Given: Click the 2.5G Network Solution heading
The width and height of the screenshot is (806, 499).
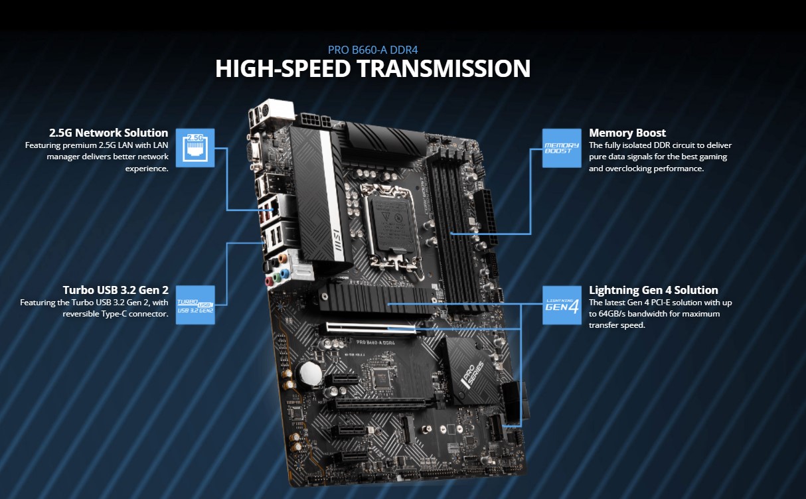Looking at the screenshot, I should [108, 133].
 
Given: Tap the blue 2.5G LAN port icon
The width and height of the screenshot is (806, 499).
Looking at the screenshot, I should [195, 147].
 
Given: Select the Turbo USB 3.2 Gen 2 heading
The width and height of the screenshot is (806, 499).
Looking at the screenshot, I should [116, 290].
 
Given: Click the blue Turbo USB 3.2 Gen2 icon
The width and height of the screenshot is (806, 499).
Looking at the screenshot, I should [195, 305].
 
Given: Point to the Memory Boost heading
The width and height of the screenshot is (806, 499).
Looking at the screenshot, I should [627, 133].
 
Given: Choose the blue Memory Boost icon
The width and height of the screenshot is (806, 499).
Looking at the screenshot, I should [562, 147].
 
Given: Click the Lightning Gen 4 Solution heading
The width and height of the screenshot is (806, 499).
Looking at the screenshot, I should [653, 290].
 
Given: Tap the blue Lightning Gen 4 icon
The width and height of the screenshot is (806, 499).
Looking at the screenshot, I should [562, 305].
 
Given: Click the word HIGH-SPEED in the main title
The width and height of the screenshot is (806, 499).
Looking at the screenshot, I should [271, 69].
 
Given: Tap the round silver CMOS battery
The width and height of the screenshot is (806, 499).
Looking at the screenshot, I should [309, 376].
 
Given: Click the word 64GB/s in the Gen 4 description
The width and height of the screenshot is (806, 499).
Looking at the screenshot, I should [621, 314].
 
